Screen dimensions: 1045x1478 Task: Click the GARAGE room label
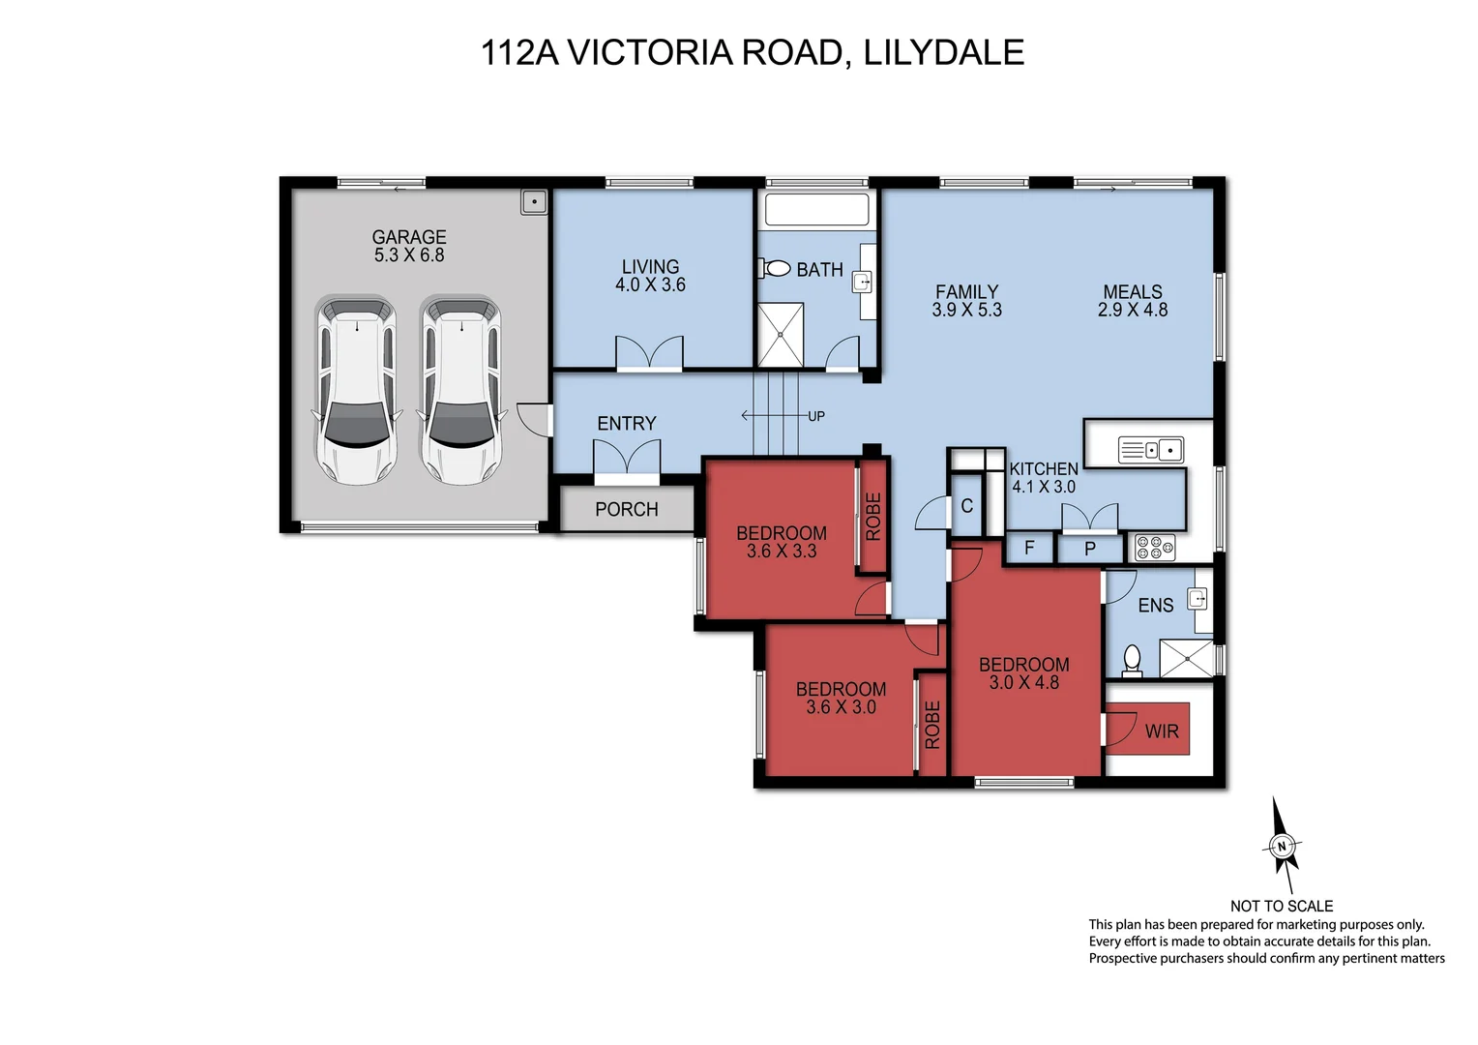(409, 237)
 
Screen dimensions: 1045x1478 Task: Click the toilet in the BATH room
(777, 268)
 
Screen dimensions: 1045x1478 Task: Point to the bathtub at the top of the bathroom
(816, 209)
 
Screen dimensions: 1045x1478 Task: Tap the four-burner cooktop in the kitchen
(1155, 548)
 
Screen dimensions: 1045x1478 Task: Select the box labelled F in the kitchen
(1029, 549)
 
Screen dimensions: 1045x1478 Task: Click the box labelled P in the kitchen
(1090, 550)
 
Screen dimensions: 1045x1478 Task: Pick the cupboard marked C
(966, 506)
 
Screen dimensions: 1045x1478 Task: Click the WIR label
(1162, 731)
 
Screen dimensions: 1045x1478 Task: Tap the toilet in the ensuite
(1132, 661)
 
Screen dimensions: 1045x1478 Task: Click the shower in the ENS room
(1185, 659)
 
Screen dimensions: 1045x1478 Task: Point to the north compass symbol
(1283, 847)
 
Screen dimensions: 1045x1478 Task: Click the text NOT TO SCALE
(1281, 906)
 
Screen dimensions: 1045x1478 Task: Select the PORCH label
(627, 510)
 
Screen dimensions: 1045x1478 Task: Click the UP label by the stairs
(816, 416)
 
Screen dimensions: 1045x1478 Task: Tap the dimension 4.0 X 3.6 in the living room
(650, 285)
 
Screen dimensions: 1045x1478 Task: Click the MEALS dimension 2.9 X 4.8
(1132, 311)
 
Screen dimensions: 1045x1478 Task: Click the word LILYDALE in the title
(943, 52)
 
